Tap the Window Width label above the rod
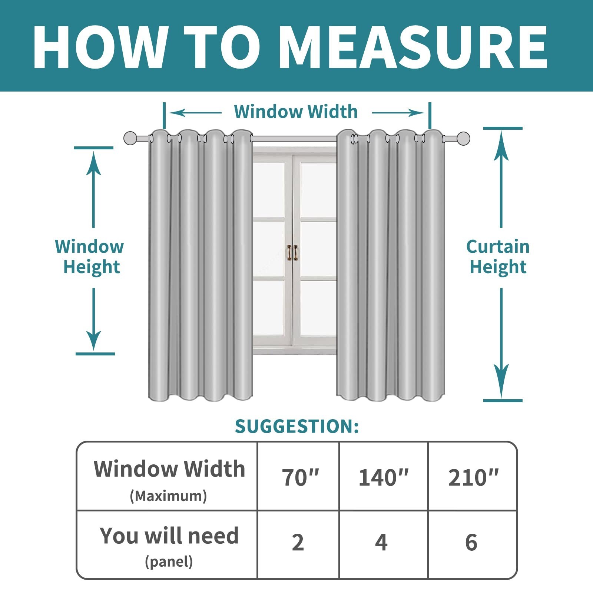coord(296,112)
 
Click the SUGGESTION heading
coord(297,426)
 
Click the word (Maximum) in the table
coord(168,496)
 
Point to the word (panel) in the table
coord(169,562)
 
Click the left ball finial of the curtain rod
coord(130,138)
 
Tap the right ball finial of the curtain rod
coord(463,138)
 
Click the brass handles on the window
coord(293,252)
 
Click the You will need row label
coord(169,536)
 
